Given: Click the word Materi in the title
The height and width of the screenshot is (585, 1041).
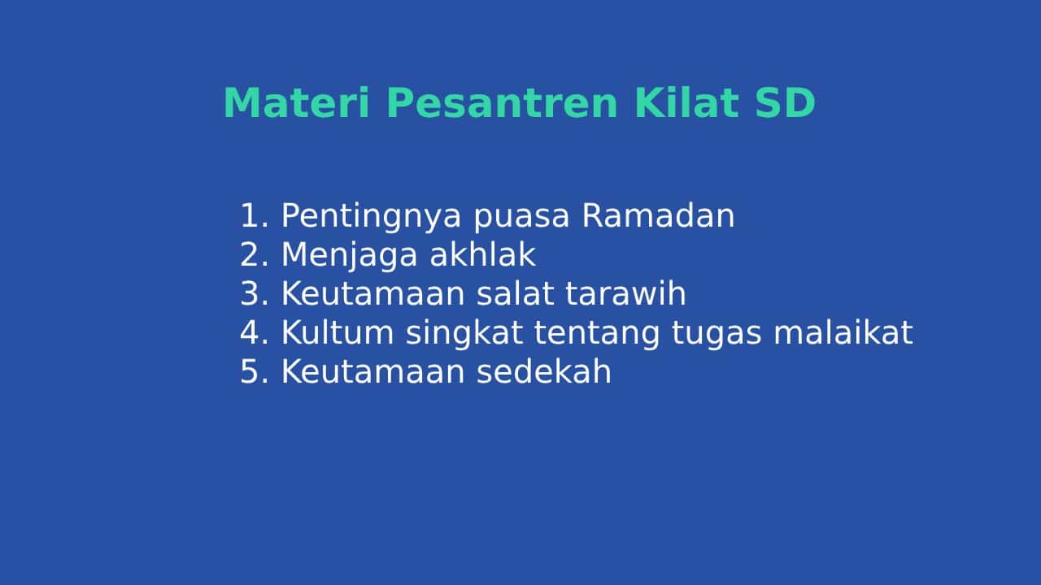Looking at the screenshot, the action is tap(297, 102).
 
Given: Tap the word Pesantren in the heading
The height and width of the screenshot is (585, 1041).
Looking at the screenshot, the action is tap(502, 102).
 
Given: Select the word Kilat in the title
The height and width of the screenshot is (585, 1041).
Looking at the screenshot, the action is tap(686, 102).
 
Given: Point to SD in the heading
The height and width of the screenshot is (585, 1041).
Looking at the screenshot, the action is tap(786, 102).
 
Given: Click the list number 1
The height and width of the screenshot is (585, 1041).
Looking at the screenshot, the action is tap(255, 215).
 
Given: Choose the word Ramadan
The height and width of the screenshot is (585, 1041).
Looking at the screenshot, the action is tap(658, 215).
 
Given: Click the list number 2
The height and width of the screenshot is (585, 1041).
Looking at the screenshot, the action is tap(255, 254).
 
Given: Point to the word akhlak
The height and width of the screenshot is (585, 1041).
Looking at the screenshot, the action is tap(483, 254).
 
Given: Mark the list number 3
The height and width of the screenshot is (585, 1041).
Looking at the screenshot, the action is tap(255, 293).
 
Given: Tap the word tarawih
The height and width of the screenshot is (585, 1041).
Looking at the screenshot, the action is tap(625, 293).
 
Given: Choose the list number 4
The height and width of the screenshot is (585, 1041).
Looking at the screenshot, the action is tap(255, 332).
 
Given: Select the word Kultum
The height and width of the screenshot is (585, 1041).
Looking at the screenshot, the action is tap(338, 332).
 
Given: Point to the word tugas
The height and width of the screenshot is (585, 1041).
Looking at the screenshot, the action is tap(717, 334).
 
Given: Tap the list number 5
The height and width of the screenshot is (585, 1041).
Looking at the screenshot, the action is tap(255, 371).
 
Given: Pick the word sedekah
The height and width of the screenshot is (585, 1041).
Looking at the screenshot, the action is tap(544, 371).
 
